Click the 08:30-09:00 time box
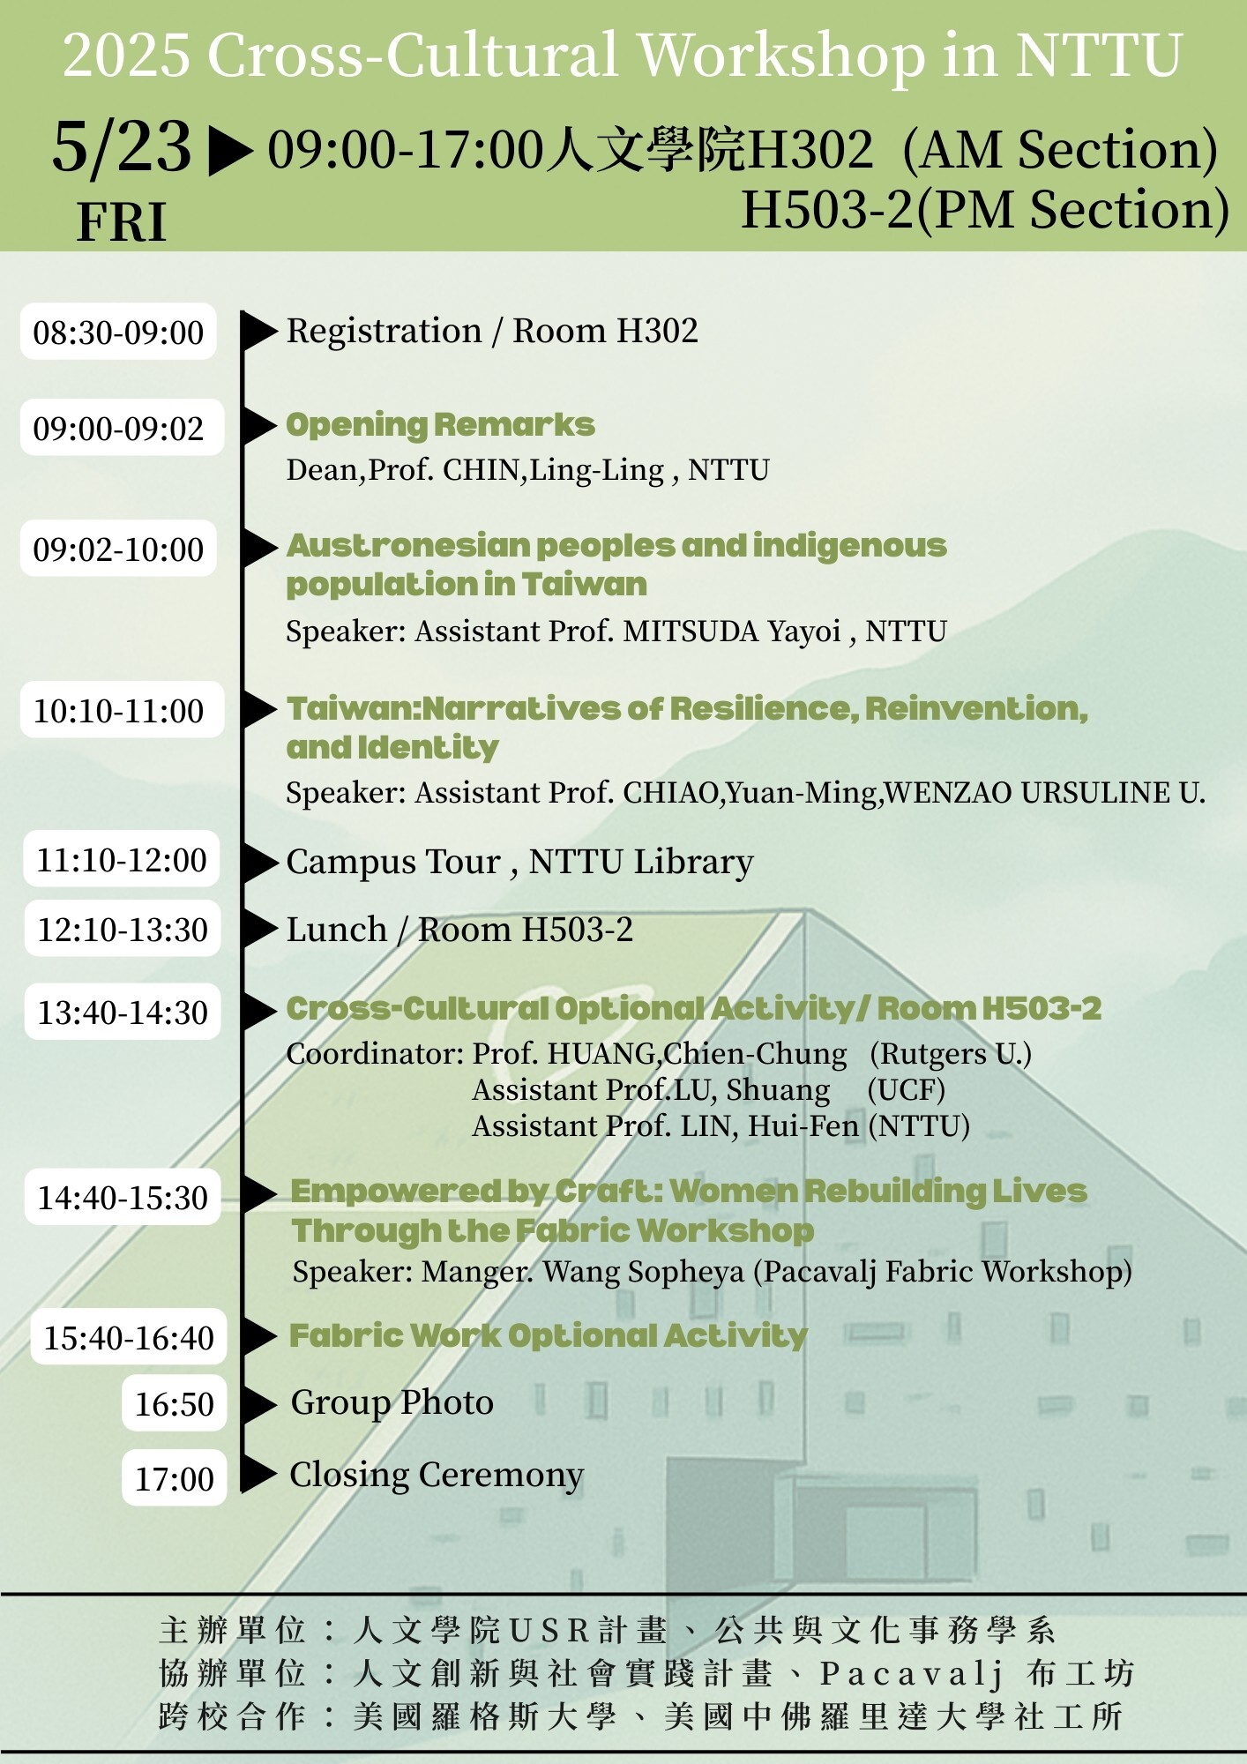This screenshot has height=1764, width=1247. coord(118,332)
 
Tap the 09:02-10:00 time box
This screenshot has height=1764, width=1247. coord(118,549)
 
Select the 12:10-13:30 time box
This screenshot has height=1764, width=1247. coord(123,929)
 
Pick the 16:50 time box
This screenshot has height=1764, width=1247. coord(175,1403)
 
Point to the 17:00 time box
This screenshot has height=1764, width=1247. coord(175,1477)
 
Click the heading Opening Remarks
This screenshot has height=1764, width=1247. coord(440,425)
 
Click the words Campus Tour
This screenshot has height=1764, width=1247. coord(393,862)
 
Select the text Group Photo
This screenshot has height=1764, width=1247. coord(392,1403)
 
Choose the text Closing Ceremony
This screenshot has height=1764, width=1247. coord(437,1476)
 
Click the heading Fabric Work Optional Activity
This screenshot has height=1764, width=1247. coord(548,1336)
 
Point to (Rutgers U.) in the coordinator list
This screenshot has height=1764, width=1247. coord(951,1054)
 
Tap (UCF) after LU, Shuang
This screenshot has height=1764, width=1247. coord(906,1090)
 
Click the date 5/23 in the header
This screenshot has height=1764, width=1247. coord(122,146)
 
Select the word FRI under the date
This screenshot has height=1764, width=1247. coord(122,221)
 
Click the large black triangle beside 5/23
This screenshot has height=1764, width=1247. coord(229,150)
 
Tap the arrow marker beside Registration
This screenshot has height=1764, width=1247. coord(259,332)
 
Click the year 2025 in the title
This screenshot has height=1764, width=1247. coord(126,56)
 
